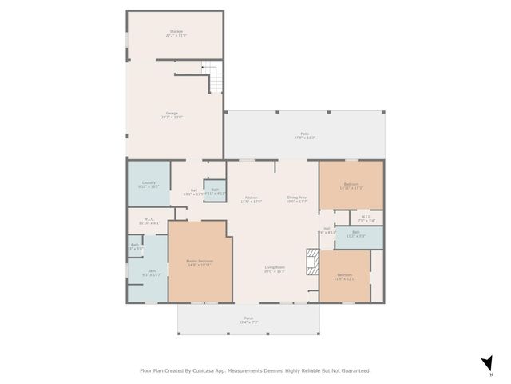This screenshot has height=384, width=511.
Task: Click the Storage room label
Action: click(175, 33)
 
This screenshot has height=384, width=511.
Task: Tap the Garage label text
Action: click(172, 114)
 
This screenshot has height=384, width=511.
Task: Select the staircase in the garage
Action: click(212, 81)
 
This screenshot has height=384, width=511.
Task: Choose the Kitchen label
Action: click(252, 199)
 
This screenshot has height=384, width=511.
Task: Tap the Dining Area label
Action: click(297, 199)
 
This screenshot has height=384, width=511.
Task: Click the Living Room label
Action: click(275, 269)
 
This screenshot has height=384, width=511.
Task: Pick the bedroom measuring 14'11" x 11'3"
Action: click(351, 186)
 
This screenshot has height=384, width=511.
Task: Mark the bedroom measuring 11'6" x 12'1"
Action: click(345, 277)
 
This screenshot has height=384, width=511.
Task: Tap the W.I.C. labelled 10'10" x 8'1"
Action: click(149, 221)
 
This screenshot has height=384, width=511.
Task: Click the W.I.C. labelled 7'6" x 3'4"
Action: click(366, 218)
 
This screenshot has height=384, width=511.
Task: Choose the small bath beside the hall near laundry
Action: click(215, 191)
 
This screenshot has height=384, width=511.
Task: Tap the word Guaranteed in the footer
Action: click(352, 370)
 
